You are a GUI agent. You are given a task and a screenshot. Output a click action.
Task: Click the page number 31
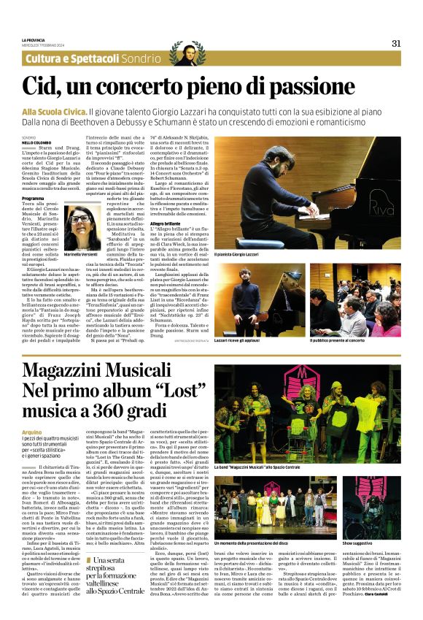(x=396, y=43)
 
